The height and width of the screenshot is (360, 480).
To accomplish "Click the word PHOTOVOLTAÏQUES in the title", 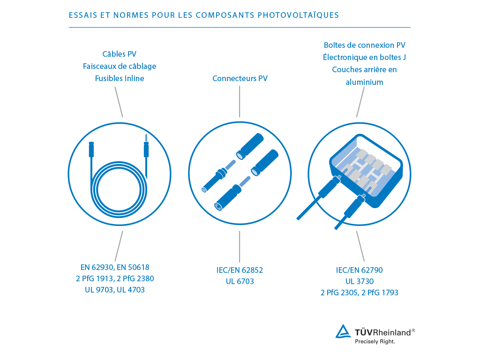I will [298, 15].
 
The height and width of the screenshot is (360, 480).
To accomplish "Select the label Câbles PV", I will [120, 54].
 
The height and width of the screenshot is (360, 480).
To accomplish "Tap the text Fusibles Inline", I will [120, 78].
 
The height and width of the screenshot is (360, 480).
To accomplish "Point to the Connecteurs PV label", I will [240, 78].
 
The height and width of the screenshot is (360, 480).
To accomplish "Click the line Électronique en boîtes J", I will [365, 57].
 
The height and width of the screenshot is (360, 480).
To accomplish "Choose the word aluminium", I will [365, 82].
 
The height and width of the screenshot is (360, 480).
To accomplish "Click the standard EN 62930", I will [97, 268].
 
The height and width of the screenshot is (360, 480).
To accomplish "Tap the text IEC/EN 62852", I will [240, 270].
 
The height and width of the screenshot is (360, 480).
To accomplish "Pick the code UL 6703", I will [240, 281].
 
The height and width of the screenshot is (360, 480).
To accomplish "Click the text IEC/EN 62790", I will [360, 270].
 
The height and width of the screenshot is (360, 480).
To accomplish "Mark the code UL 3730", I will [360, 281].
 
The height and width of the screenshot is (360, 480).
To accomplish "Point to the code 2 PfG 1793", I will [381, 292].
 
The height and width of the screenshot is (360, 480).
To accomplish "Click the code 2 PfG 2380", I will [137, 278].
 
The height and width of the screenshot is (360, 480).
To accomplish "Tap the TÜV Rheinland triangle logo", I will [343, 331].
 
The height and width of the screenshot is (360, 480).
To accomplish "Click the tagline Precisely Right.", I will [375, 342].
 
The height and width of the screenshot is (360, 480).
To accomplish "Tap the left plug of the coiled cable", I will [91, 150].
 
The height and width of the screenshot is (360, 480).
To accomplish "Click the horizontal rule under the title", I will [240, 27].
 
